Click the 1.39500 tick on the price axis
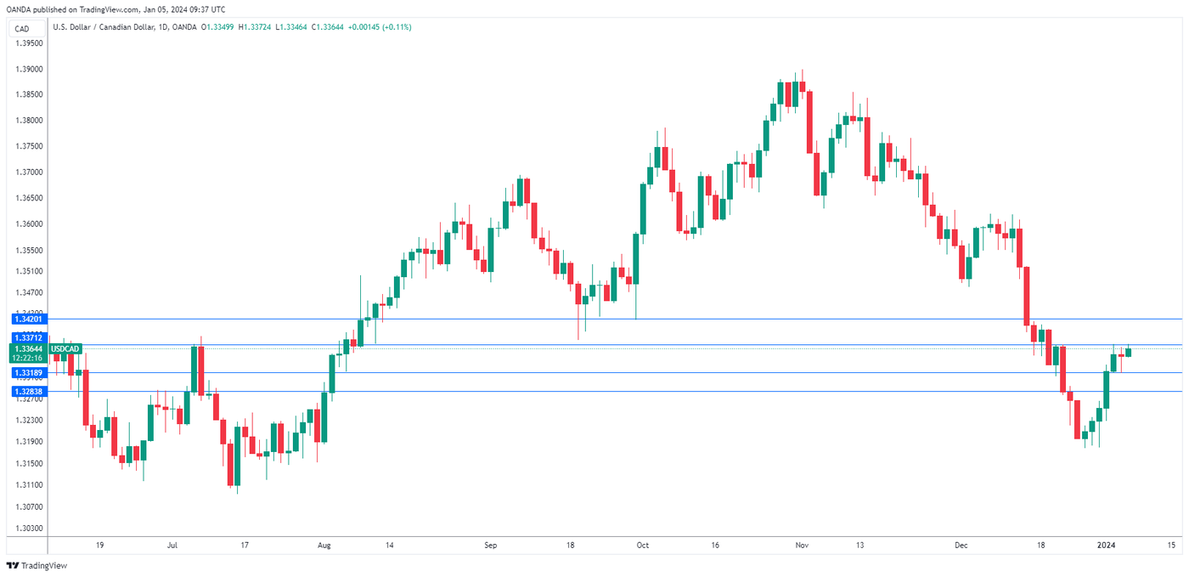(29, 42)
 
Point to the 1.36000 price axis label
(29, 224)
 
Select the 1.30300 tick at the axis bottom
(29, 528)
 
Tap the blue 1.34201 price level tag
(28, 319)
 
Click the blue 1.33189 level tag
(28, 372)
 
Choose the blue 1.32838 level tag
(28, 391)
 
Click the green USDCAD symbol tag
(65, 348)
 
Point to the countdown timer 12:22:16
(29, 358)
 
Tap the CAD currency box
(23, 28)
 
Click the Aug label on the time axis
(323, 545)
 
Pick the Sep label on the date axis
(489, 545)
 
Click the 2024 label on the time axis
(1105, 545)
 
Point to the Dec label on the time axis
(961, 545)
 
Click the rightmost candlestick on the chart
(1129, 352)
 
